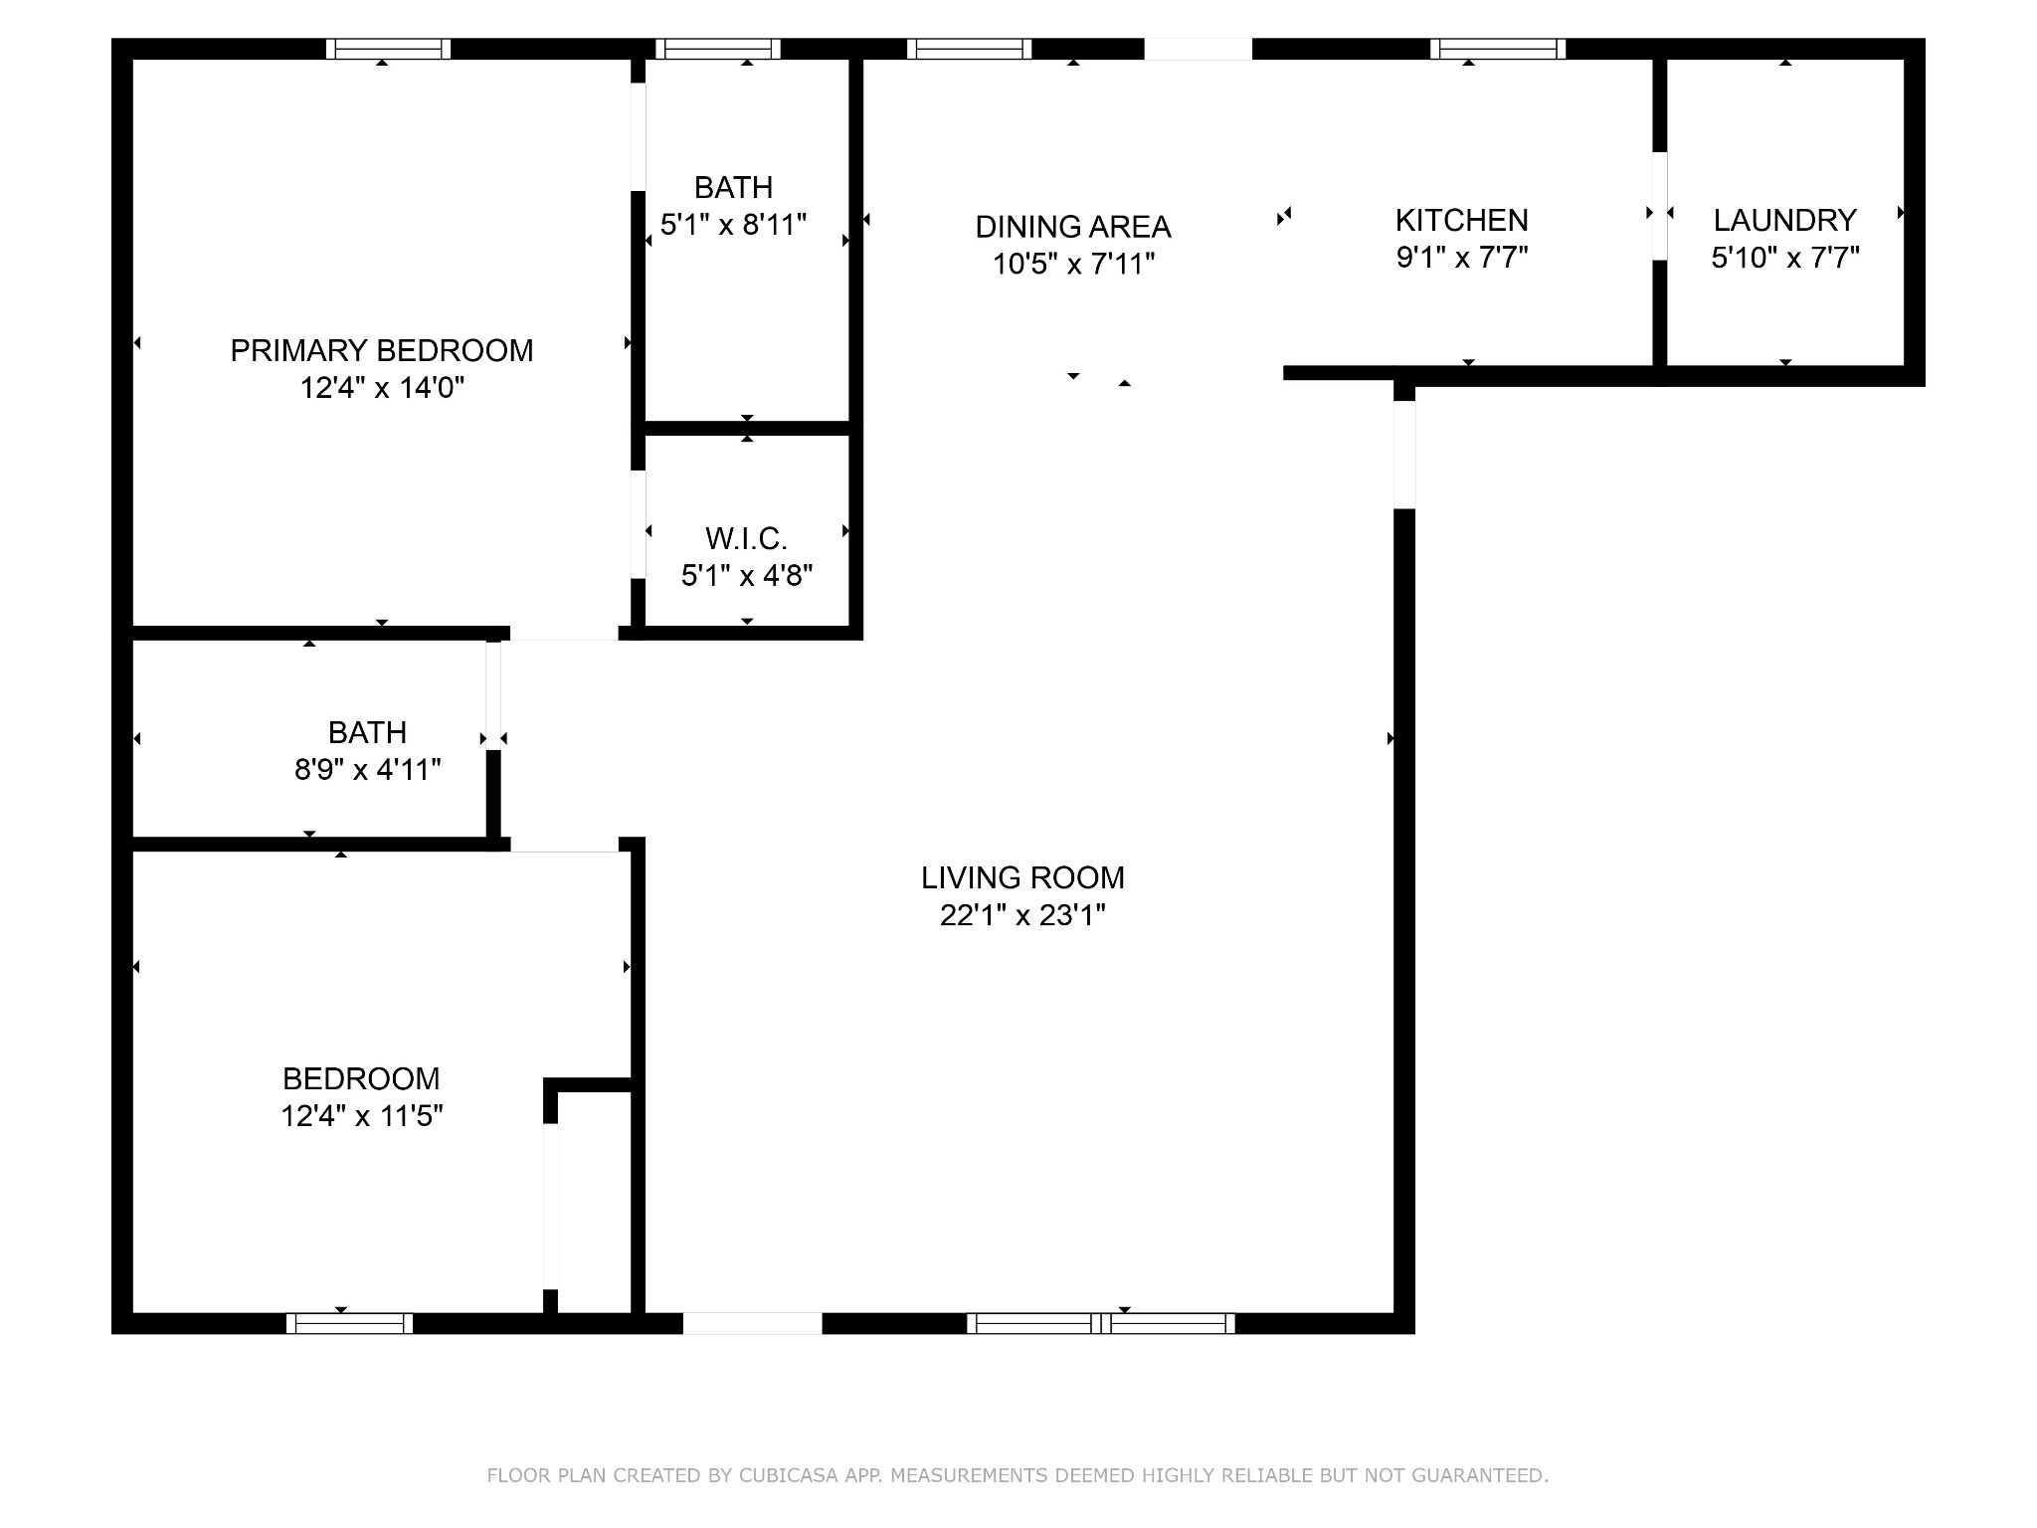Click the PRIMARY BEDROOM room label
(x=382, y=350)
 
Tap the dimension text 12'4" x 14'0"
(x=383, y=387)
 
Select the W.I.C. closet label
(x=747, y=538)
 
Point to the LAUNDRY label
(x=1785, y=220)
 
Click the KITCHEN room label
(x=1462, y=220)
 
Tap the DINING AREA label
(x=1073, y=227)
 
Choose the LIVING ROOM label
(x=1023, y=877)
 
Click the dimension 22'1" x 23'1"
(x=1023, y=914)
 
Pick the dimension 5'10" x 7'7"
(x=1785, y=257)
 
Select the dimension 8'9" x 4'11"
(x=368, y=769)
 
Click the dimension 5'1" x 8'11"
(x=734, y=224)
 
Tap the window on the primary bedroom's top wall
(x=389, y=49)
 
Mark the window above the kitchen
(x=1498, y=49)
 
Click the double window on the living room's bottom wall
(x=1101, y=1323)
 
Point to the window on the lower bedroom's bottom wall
(x=350, y=1323)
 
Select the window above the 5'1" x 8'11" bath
(x=718, y=49)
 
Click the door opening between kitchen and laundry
(x=1659, y=206)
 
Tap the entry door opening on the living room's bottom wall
(x=753, y=1323)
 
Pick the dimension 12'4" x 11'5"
(x=362, y=1115)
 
